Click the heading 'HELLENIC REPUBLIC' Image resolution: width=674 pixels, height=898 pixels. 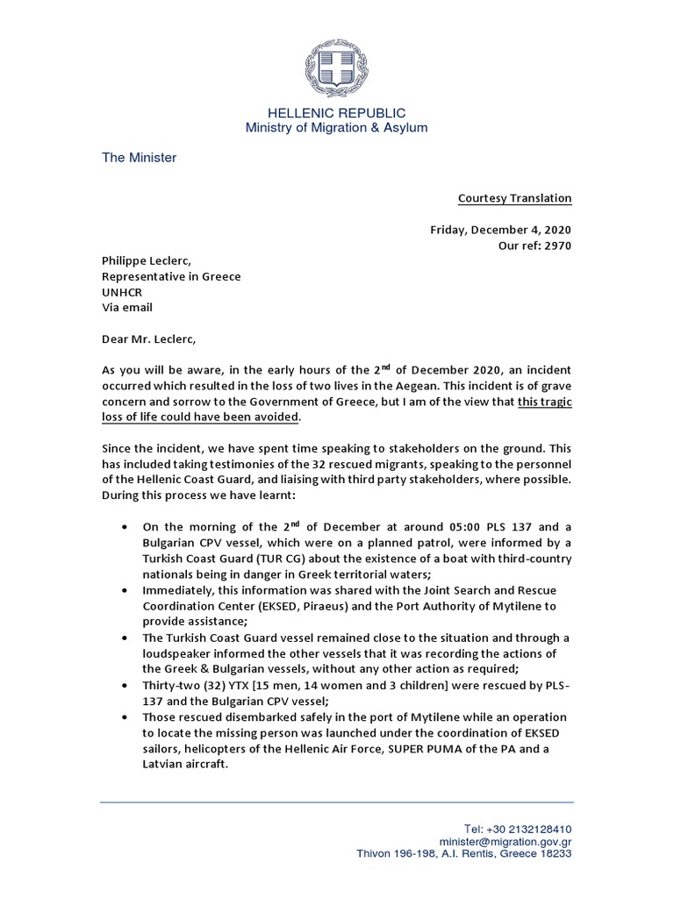336,113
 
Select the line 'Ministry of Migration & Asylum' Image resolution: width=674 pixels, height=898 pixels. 336,128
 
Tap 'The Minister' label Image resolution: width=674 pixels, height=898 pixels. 139,158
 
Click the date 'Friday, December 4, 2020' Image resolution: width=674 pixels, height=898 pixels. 500,230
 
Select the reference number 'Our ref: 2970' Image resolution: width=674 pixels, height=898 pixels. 534,246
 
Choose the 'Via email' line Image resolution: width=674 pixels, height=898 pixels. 127,308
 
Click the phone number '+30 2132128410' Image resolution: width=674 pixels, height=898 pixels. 529,829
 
